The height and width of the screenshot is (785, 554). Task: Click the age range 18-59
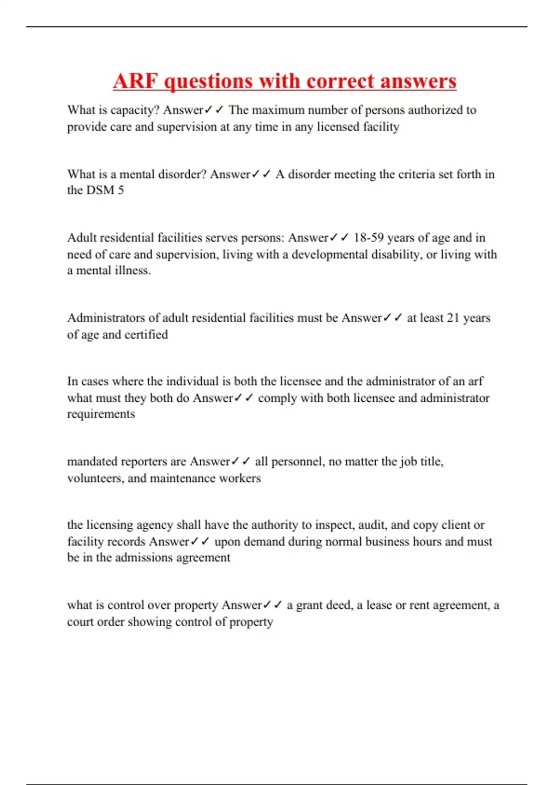[x=368, y=238]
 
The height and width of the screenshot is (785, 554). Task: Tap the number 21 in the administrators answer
[x=453, y=318]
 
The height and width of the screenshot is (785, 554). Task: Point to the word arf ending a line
[x=476, y=381]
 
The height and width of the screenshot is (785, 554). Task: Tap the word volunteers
[x=95, y=478]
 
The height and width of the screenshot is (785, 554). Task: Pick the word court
[x=80, y=622]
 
